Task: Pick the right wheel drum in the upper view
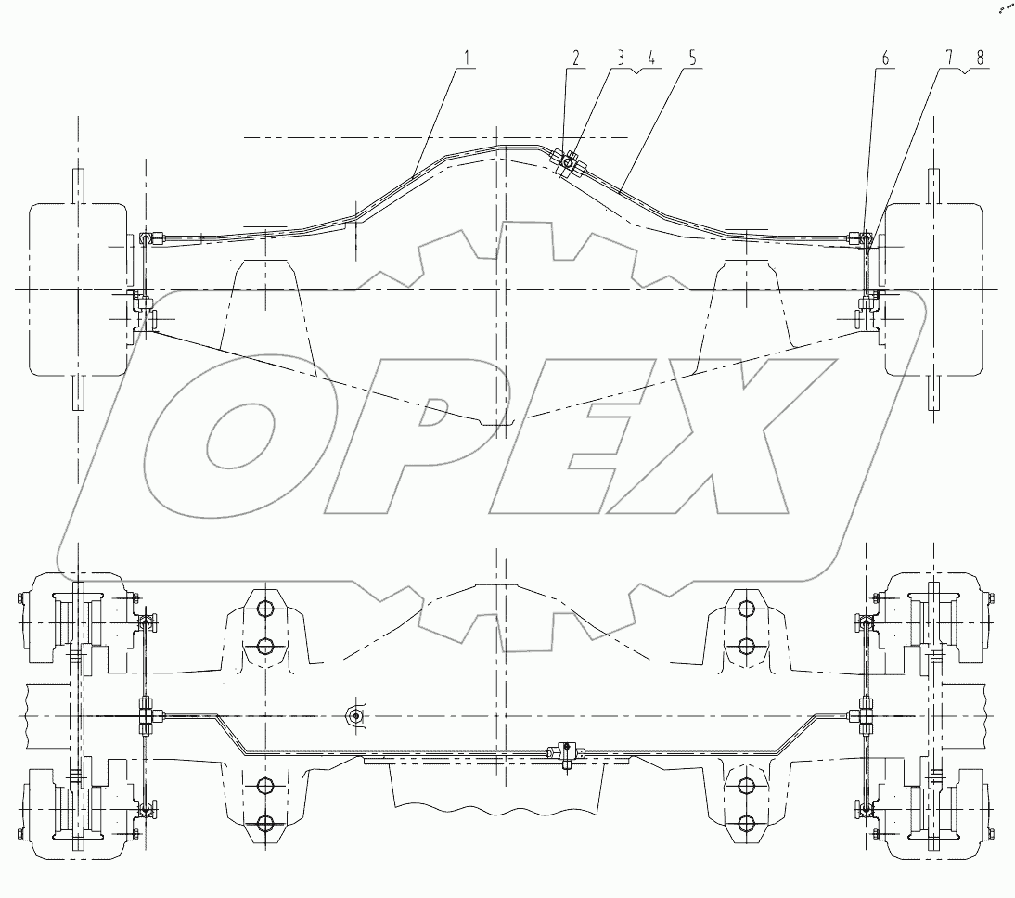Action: point(931,289)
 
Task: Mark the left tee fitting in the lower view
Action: point(146,716)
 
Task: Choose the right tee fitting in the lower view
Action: point(865,716)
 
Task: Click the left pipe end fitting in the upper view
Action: point(146,239)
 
